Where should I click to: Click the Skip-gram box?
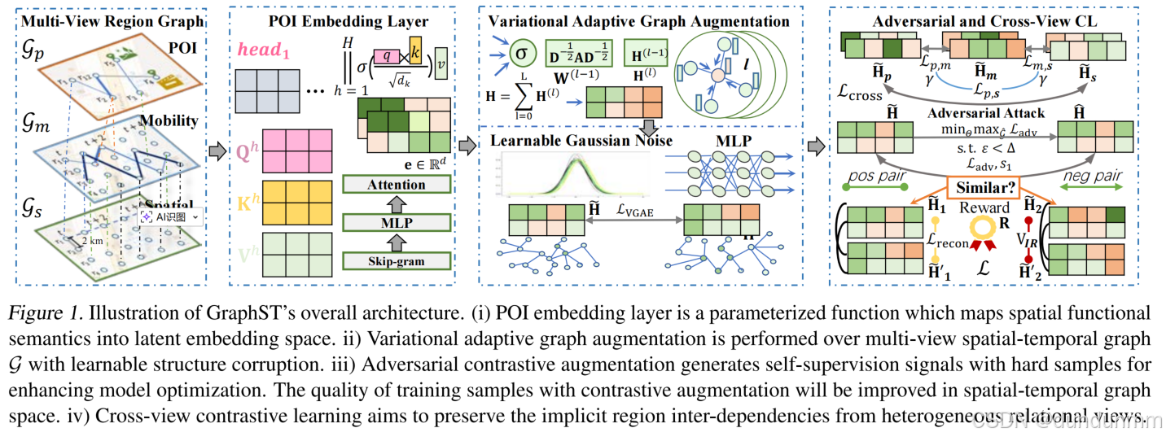click(x=397, y=260)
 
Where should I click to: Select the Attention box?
click(x=397, y=185)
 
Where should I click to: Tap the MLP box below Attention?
click(x=397, y=221)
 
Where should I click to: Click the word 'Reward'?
click(x=982, y=207)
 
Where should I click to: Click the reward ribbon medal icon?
click(x=984, y=236)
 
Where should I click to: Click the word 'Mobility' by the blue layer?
click(x=169, y=120)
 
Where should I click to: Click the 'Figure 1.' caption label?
click(x=49, y=312)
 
